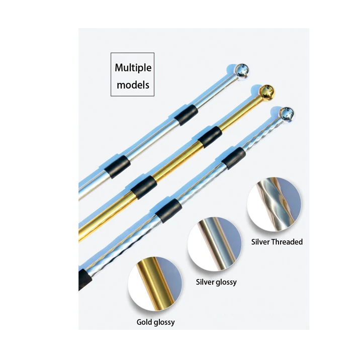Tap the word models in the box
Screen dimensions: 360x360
point(133,84)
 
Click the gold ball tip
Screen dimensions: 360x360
point(268,94)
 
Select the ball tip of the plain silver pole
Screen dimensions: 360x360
point(243,71)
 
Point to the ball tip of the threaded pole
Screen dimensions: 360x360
point(286,114)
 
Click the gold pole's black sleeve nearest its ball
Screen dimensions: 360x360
point(210,137)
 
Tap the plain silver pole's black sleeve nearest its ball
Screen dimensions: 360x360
point(183,116)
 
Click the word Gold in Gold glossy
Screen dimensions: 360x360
point(144,322)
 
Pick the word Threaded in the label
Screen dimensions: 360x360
point(287,242)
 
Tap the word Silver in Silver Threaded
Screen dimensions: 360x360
point(260,242)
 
